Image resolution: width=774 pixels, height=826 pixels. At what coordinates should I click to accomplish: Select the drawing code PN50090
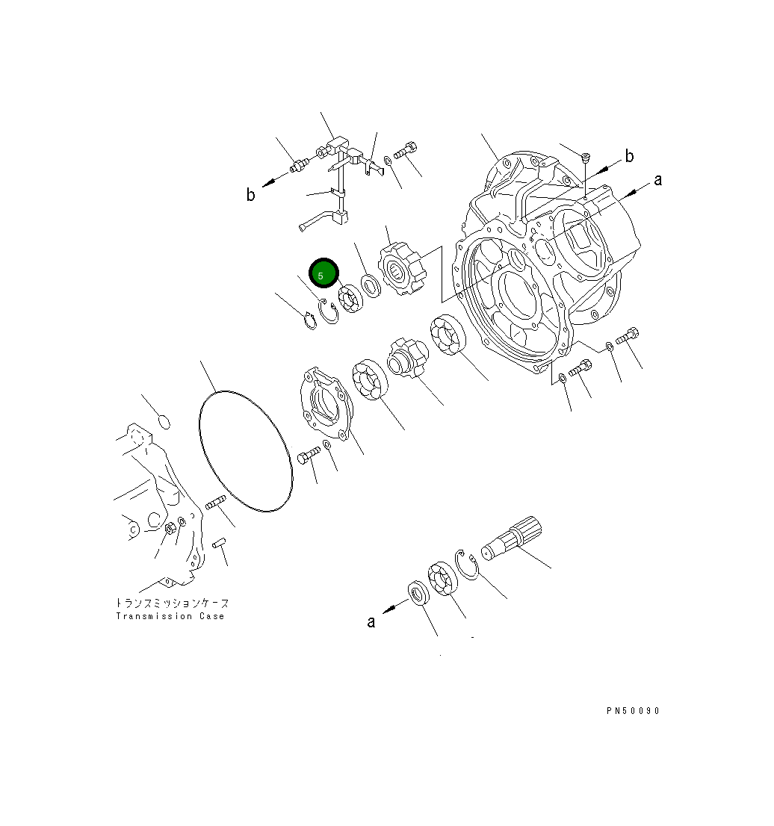[633, 711]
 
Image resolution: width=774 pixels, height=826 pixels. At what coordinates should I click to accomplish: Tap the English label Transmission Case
[170, 616]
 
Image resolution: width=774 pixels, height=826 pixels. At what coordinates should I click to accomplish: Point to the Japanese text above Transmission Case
[172, 603]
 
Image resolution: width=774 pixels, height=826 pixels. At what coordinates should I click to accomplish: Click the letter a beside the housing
[657, 180]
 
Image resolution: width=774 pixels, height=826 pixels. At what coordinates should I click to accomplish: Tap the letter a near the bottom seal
[371, 621]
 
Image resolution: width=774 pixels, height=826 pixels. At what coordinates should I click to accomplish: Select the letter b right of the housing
[629, 156]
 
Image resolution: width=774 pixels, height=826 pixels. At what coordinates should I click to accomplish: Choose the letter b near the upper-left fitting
[251, 195]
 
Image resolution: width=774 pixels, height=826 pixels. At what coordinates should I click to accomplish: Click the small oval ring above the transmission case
[165, 423]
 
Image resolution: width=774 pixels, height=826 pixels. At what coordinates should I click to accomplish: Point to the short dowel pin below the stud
[218, 544]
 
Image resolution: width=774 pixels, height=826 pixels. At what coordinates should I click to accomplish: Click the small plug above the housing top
[586, 156]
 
